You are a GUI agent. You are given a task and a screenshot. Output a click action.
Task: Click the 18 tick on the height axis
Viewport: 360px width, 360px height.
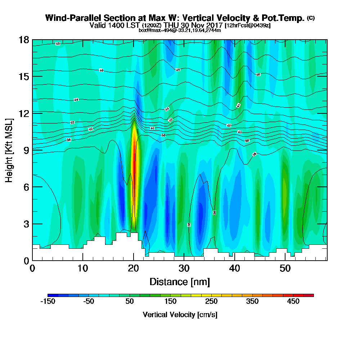pos(24,40)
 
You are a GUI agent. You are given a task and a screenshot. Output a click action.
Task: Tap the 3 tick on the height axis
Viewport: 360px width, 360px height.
pos(26,224)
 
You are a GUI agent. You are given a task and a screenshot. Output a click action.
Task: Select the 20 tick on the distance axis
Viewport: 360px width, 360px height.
pos(134,268)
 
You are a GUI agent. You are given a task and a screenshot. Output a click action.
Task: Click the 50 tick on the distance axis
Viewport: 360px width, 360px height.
pos(285,268)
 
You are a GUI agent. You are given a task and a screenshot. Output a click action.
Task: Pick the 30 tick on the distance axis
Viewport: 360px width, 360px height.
pos(184,268)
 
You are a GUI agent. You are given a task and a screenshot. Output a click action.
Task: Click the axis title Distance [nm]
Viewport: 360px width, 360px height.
pos(180,281)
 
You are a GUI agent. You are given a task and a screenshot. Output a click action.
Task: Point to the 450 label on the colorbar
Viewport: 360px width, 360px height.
pos(293,301)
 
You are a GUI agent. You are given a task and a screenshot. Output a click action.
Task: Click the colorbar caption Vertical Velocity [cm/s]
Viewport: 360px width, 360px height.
pos(180,315)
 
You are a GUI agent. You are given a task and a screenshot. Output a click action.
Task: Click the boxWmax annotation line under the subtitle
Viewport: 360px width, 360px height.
pos(180,30)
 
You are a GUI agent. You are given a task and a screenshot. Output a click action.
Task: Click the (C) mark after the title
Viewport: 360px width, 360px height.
pos(311,18)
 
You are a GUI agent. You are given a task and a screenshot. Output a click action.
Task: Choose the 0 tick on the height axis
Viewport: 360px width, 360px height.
pos(26,260)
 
